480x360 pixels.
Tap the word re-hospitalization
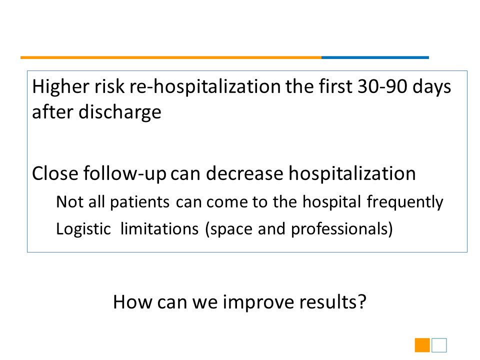pyautogui.click(x=205, y=87)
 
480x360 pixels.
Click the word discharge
pyautogui.click(x=119, y=113)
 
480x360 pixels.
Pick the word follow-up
pyautogui.click(x=125, y=174)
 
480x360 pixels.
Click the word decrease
pyautogui.click(x=244, y=173)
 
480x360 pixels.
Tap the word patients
pyautogui.click(x=140, y=202)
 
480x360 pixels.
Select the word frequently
pyautogui.click(x=405, y=202)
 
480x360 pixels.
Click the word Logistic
pyautogui.click(x=83, y=229)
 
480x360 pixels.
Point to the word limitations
pyautogui.click(x=159, y=229)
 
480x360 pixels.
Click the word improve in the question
pyautogui.click(x=258, y=303)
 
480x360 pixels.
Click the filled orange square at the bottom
pyautogui.click(x=422, y=345)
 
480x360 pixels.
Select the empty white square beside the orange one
pyautogui.click(x=439, y=345)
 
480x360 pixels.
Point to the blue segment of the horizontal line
pyautogui.click(x=375, y=57)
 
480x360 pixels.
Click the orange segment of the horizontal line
pyautogui.click(x=171, y=57)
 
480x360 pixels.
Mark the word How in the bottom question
pyautogui.click(x=132, y=302)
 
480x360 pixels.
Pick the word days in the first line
pyautogui.click(x=431, y=87)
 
